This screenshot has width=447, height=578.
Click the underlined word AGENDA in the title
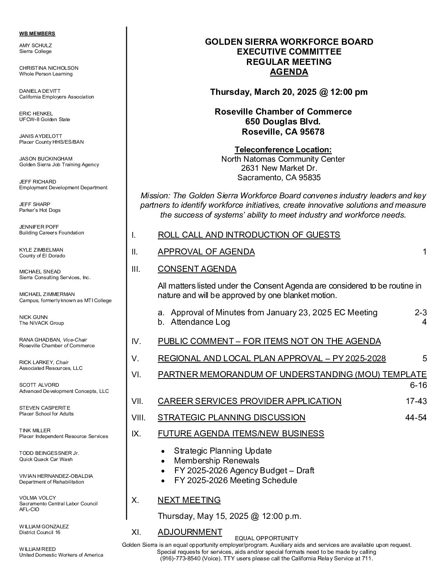289,72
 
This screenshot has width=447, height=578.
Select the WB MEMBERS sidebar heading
37,34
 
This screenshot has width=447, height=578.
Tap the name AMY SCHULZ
36,45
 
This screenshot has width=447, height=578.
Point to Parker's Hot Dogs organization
40,210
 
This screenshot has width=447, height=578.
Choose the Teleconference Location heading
283,150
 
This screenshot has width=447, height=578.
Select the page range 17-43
416,401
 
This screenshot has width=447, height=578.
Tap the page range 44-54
416,418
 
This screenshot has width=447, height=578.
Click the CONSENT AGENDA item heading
197,269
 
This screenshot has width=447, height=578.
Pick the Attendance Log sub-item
200,322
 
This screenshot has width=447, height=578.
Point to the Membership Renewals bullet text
217,461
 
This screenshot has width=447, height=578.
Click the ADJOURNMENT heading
190,532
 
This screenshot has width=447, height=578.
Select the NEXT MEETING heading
189,500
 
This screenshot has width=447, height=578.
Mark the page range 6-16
418,385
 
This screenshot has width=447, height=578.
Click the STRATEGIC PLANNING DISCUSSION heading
231,417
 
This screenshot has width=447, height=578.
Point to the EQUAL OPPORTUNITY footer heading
267,538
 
